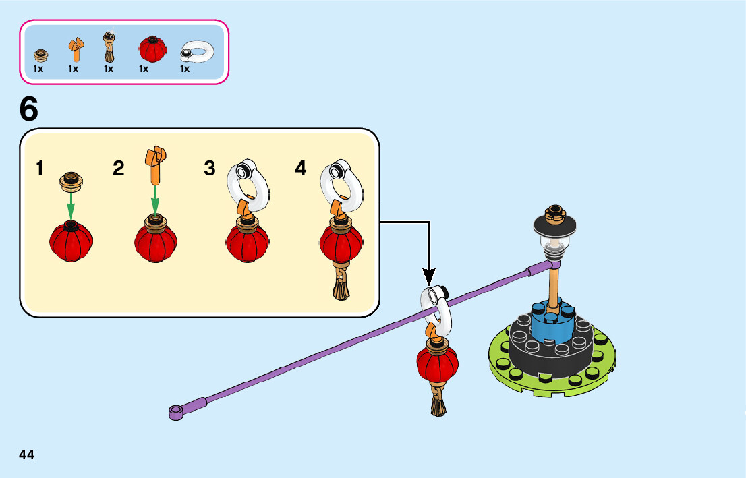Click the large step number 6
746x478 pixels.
pyautogui.click(x=29, y=109)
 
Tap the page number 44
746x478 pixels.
pyautogui.click(x=26, y=455)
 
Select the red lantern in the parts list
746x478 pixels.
pyautogui.click(x=152, y=49)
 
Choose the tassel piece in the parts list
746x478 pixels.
pyautogui.click(x=109, y=47)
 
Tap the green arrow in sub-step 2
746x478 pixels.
pyautogui.click(x=155, y=200)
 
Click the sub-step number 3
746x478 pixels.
pyautogui.click(x=210, y=169)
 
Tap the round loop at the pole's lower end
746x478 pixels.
pyautogui.click(x=176, y=411)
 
